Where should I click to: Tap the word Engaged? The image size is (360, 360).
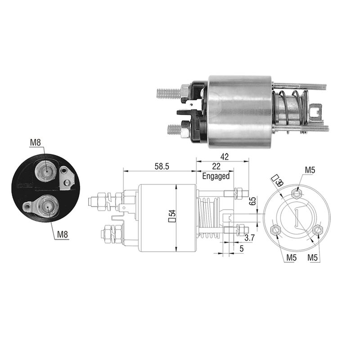click(216, 176)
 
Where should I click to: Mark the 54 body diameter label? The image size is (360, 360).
click(171, 216)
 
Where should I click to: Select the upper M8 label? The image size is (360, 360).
click(36, 143)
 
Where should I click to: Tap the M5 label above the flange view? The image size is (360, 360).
click(310, 170)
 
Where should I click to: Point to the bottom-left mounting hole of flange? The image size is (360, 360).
click(276, 230)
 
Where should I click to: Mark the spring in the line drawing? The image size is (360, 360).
click(207, 216)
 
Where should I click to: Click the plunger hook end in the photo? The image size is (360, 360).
click(316, 110)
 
